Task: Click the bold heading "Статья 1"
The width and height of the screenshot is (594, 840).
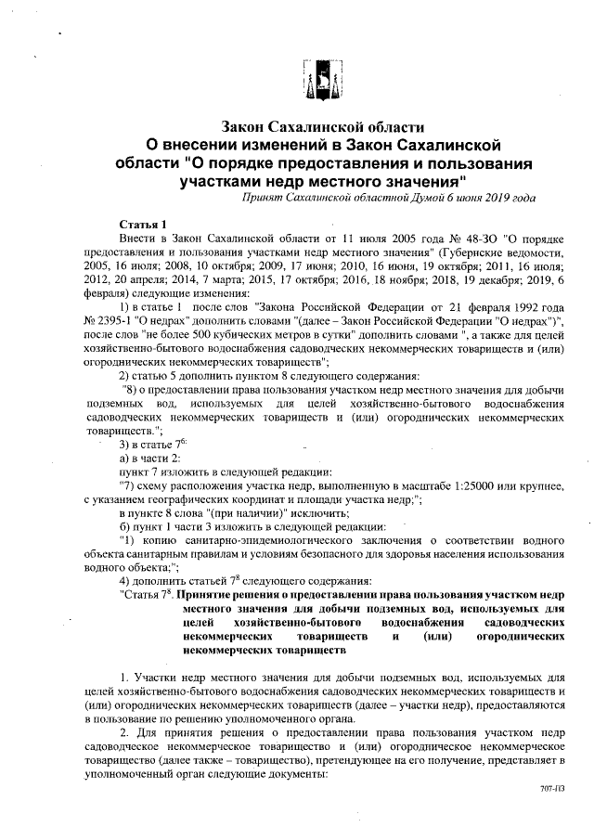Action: (143, 226)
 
